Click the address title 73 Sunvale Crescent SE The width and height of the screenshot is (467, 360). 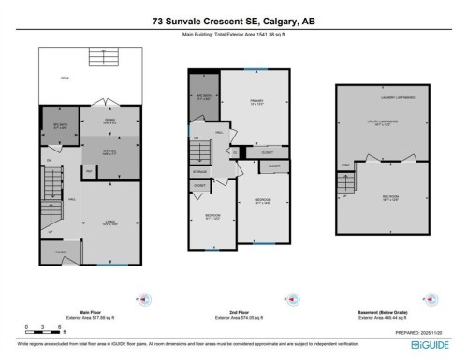coord(233,18)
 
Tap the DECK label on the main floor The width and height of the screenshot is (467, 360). coord(66,78)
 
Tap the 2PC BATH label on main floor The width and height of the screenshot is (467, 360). coord(59,125)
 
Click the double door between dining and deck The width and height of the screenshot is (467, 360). coord(109,104)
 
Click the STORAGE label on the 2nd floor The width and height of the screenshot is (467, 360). coord(200,171)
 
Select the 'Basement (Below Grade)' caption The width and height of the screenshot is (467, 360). coord(386,313)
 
